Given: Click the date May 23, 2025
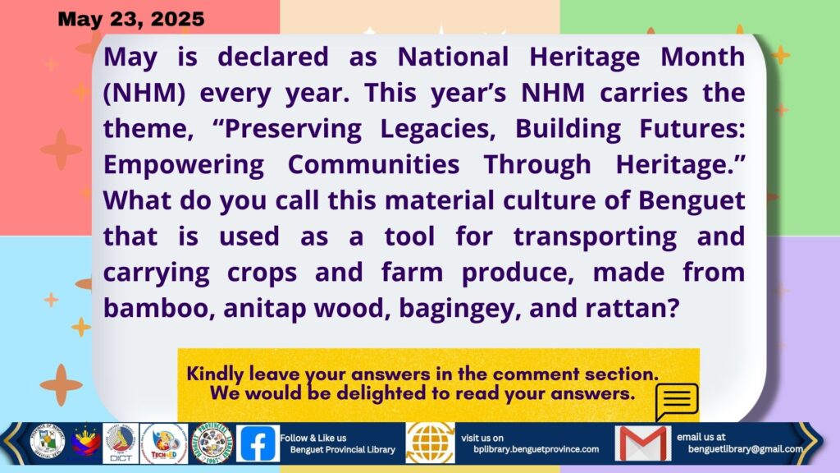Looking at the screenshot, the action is point(130,19).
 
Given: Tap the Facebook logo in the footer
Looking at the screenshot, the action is point(258,443).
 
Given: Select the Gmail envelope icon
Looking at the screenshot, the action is point(642,443).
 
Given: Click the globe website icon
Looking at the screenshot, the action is point(430,443).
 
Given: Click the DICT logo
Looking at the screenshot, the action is point(120,443).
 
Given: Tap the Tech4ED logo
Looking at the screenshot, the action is point(164,443).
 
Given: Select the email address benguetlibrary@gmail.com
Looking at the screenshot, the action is point(745,449).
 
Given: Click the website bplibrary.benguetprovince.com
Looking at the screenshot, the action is point(536,449).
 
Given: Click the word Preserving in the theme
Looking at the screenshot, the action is point(293,129).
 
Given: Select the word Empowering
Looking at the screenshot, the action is point(183,165).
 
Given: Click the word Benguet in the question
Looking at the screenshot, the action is point(691,201).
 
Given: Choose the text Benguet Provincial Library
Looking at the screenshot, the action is point(343,449).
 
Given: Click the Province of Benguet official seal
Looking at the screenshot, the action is point(47,443).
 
